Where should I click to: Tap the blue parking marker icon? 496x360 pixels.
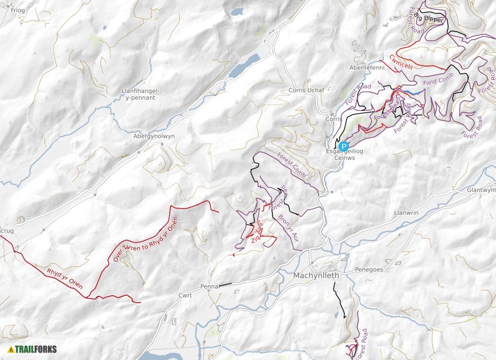tap(344, 146)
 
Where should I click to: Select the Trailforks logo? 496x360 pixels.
tap(33, 349)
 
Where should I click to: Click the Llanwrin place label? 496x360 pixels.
tap(407, 213)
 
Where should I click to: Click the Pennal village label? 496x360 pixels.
tap(209, 287)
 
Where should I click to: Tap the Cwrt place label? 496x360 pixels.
tap(186, 296)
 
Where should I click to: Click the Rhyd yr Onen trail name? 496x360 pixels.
tap(65, 279)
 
